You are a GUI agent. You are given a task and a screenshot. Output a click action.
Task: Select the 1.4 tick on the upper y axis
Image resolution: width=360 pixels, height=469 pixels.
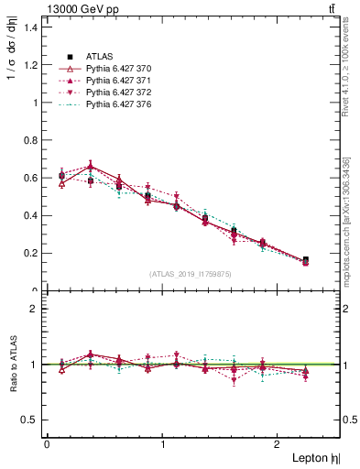coord(31,27)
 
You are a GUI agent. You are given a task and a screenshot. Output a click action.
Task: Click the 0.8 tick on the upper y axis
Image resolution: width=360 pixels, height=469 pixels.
coord(31,140)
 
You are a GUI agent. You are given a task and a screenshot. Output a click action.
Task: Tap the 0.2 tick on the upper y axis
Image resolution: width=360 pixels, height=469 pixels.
coord(31,253)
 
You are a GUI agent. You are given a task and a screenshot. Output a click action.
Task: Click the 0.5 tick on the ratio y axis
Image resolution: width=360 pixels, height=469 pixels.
coord(31,420)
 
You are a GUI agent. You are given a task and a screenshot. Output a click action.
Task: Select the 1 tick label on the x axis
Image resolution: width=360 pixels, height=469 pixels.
coord(163,443)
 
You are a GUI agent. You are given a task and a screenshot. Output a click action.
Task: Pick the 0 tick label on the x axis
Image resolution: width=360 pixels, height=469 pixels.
coord(47,443)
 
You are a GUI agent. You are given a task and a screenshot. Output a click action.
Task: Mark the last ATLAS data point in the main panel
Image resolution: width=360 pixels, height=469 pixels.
coord(305,259)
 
